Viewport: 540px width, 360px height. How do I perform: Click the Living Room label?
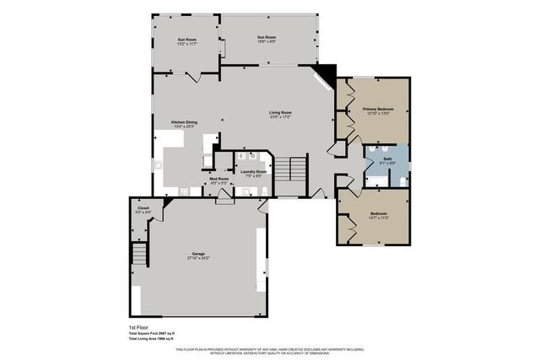click(280, 114)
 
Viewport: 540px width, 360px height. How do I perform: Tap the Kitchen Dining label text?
click(184, 124)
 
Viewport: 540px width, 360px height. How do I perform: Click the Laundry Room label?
click(253, 173)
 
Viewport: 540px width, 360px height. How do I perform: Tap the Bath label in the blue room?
click(387, 159)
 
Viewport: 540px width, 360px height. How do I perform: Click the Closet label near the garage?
click(142, 210)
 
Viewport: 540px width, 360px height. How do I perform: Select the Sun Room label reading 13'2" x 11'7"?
click(186, 41)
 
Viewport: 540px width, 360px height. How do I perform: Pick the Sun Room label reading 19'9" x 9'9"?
click(266, 38)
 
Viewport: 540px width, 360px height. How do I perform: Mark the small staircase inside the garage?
click(138, 253)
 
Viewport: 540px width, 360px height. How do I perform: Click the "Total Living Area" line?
click(145, 338)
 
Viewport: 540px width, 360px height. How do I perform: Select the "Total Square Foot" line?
click(145, 333)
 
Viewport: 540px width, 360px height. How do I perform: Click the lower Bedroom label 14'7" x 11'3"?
click(378, 215)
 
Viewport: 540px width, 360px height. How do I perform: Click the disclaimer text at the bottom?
click(269, 351)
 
